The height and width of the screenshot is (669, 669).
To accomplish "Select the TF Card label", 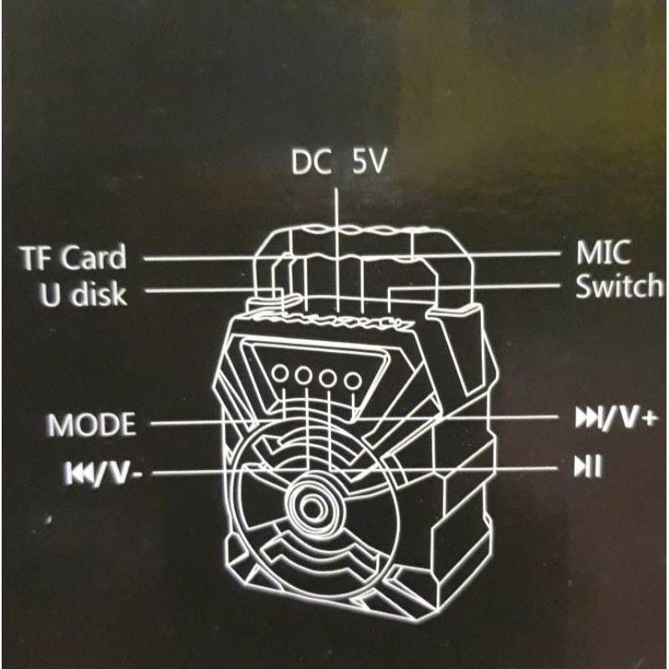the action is (x=74, y=258).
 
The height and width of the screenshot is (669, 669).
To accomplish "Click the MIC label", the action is (x=603, y=253).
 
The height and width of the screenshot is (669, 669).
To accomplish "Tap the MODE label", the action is (x=92, y=425).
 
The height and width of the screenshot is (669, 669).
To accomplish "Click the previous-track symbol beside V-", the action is (x=76, y=473).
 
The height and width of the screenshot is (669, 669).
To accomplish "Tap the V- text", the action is (x=121, y=473).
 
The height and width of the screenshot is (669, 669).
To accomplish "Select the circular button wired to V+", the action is (x=353, y=380).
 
